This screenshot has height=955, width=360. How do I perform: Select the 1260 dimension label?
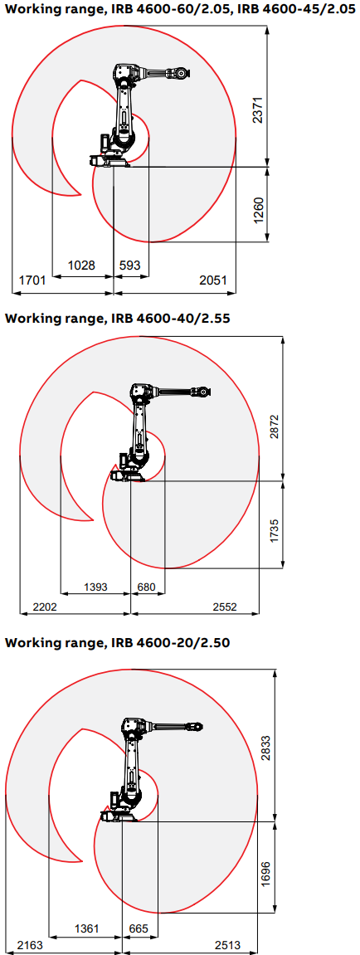coord(260,210)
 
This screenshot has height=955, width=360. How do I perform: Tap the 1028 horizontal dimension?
coord(81,266)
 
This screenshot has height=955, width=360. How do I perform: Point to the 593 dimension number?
coord(129,266)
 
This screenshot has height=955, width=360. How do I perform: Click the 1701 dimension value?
coord(32,280)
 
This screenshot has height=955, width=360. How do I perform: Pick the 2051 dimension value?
coord(213,280)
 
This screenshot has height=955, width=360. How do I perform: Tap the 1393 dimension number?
coord(95,587)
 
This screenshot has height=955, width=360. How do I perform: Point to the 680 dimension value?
coord(147,587)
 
